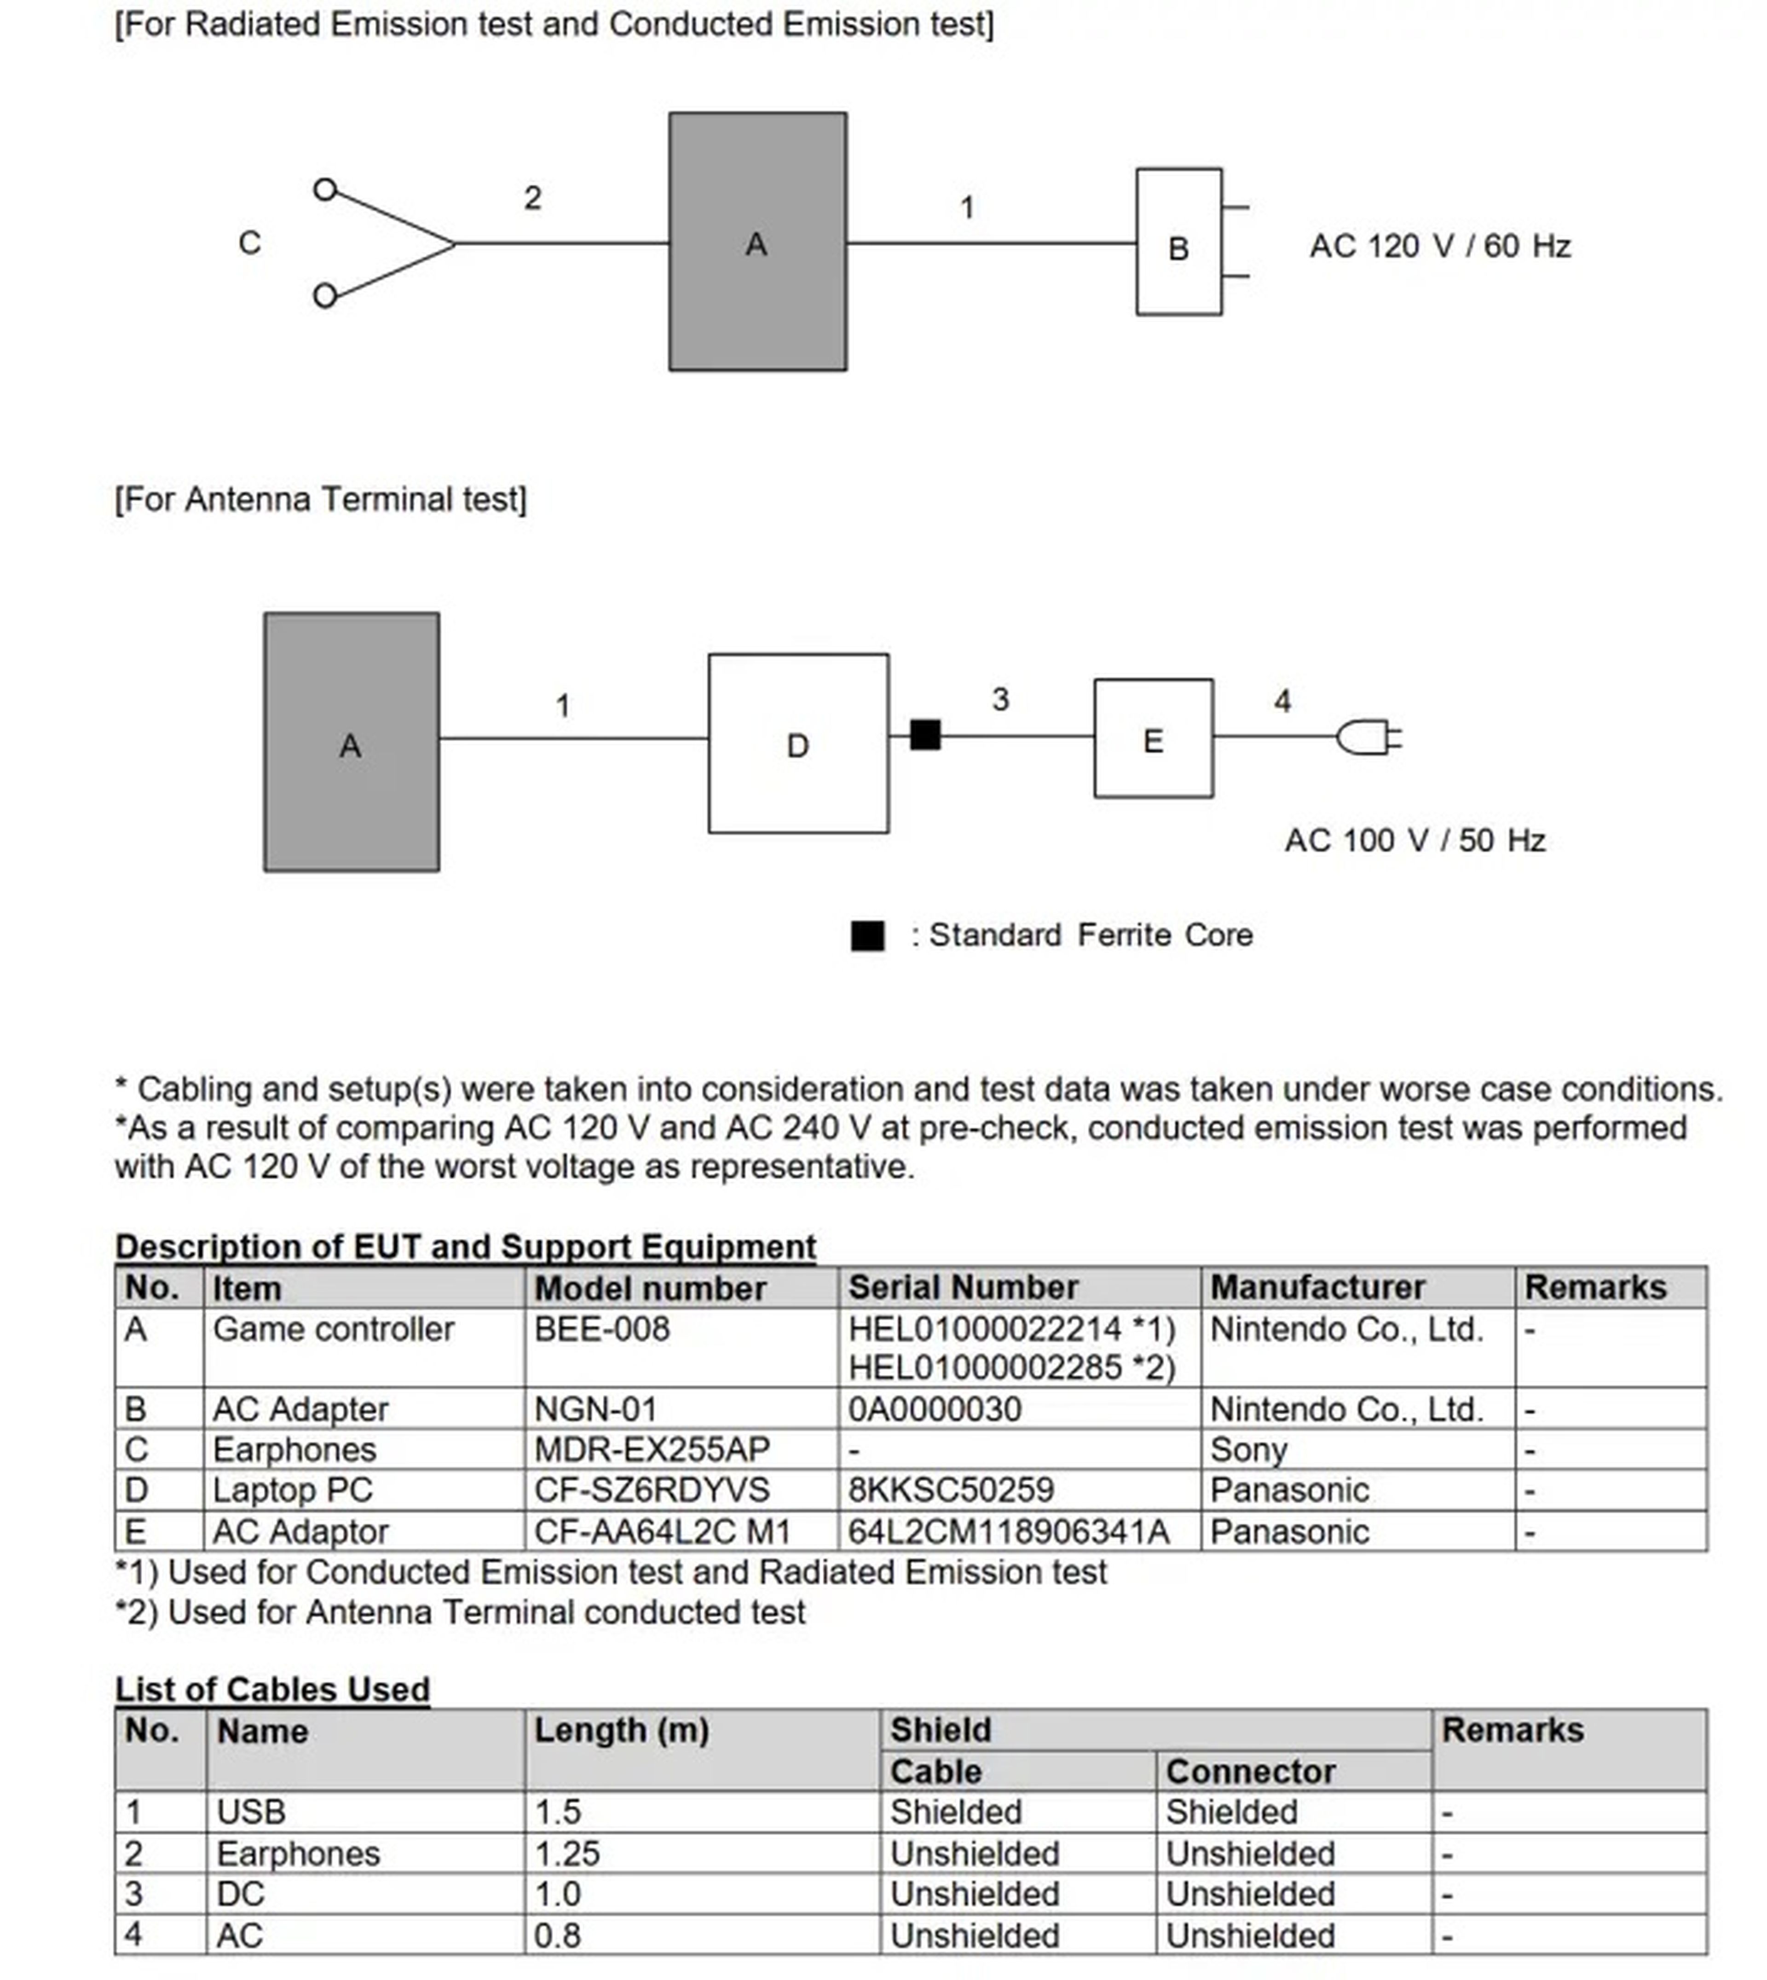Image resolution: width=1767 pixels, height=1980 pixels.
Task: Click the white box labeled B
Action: tap(1178, 242)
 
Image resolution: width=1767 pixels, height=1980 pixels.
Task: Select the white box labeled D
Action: tap(798, 744)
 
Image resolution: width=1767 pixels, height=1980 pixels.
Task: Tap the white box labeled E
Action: tap(1154, 739)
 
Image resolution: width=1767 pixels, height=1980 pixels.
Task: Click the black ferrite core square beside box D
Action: tap(925, 735)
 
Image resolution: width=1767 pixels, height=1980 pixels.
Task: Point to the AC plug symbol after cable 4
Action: tap(1369, 737)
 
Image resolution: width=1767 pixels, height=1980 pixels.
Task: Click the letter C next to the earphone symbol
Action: tap(249, 242)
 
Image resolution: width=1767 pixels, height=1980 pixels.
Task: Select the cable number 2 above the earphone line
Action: tap(532, 198)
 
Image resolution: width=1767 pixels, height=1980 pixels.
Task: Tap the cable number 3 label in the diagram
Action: tap(1001, 699)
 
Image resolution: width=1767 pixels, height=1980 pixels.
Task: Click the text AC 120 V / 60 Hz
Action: tap(1440, 246)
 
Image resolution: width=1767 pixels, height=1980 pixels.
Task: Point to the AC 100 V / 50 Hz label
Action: tap(1415, 840)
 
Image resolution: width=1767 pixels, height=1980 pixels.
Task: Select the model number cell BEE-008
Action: tap(602, 1329)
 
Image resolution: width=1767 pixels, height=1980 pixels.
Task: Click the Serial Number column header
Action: tap(963, 1287)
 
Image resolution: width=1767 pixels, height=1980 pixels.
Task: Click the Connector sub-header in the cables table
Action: tap(1251, 1771)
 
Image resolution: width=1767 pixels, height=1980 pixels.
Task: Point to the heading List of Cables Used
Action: tap(272, 1689)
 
